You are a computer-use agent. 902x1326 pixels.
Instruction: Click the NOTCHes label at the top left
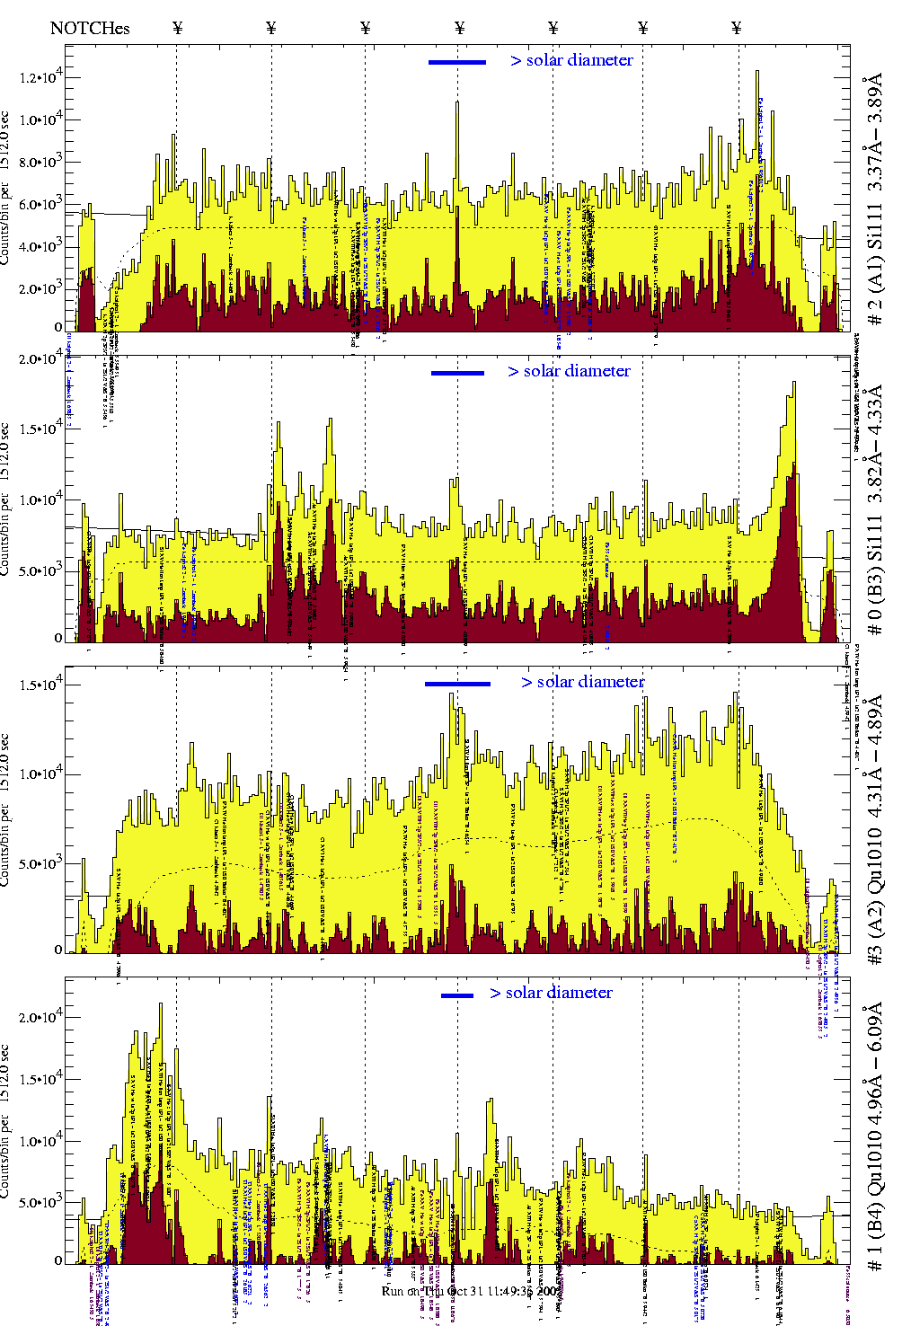90,28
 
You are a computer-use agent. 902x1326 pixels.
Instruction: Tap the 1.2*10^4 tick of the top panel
40,77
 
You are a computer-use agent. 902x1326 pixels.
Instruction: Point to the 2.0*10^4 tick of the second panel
40,359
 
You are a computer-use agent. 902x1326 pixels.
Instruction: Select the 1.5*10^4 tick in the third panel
40,685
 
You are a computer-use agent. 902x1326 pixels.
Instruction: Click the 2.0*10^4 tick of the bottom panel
40,1017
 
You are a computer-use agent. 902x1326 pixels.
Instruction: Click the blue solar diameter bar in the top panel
457,62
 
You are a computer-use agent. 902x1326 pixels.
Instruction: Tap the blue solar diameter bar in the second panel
457,373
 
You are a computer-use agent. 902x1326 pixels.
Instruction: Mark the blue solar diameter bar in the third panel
457,684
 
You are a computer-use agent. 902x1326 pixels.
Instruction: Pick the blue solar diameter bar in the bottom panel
457,995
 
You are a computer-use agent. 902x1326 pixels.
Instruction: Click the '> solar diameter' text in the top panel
572,60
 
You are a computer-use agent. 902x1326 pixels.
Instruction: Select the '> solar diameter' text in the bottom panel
552,993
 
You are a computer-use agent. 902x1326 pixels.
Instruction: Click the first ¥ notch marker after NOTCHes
178,28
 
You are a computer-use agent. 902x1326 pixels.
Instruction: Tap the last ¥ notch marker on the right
737,28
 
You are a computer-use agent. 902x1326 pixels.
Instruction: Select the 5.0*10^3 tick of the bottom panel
40,1203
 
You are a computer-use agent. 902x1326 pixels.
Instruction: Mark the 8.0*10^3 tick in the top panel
40,163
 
